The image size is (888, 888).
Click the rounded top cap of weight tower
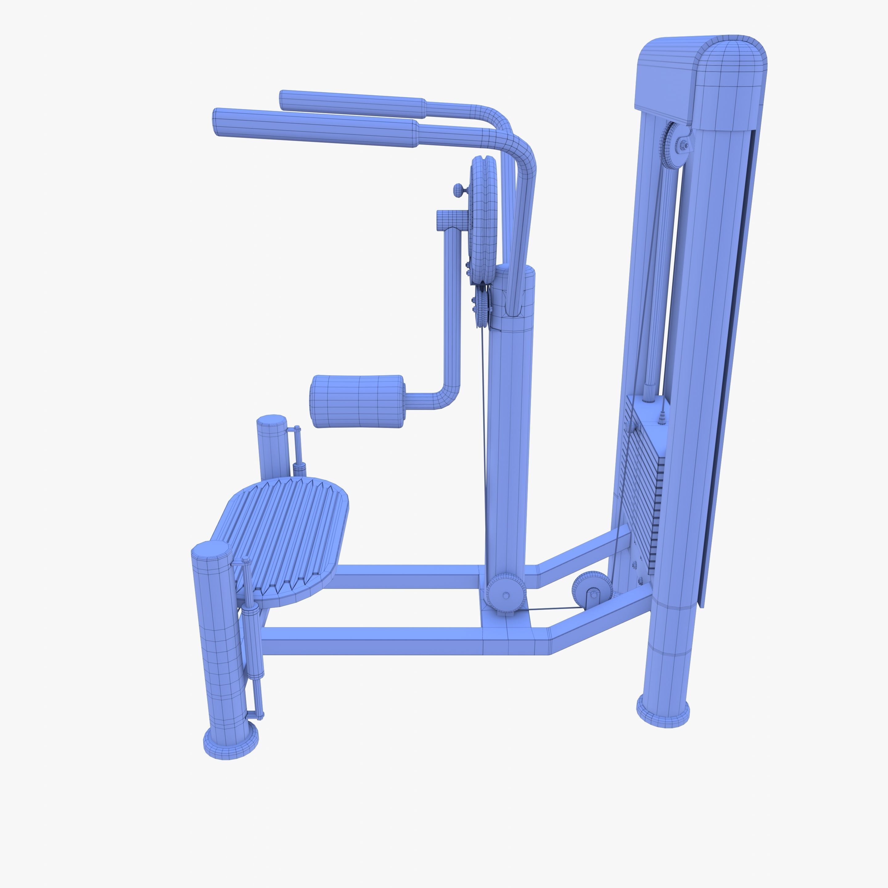coord(731,83)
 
